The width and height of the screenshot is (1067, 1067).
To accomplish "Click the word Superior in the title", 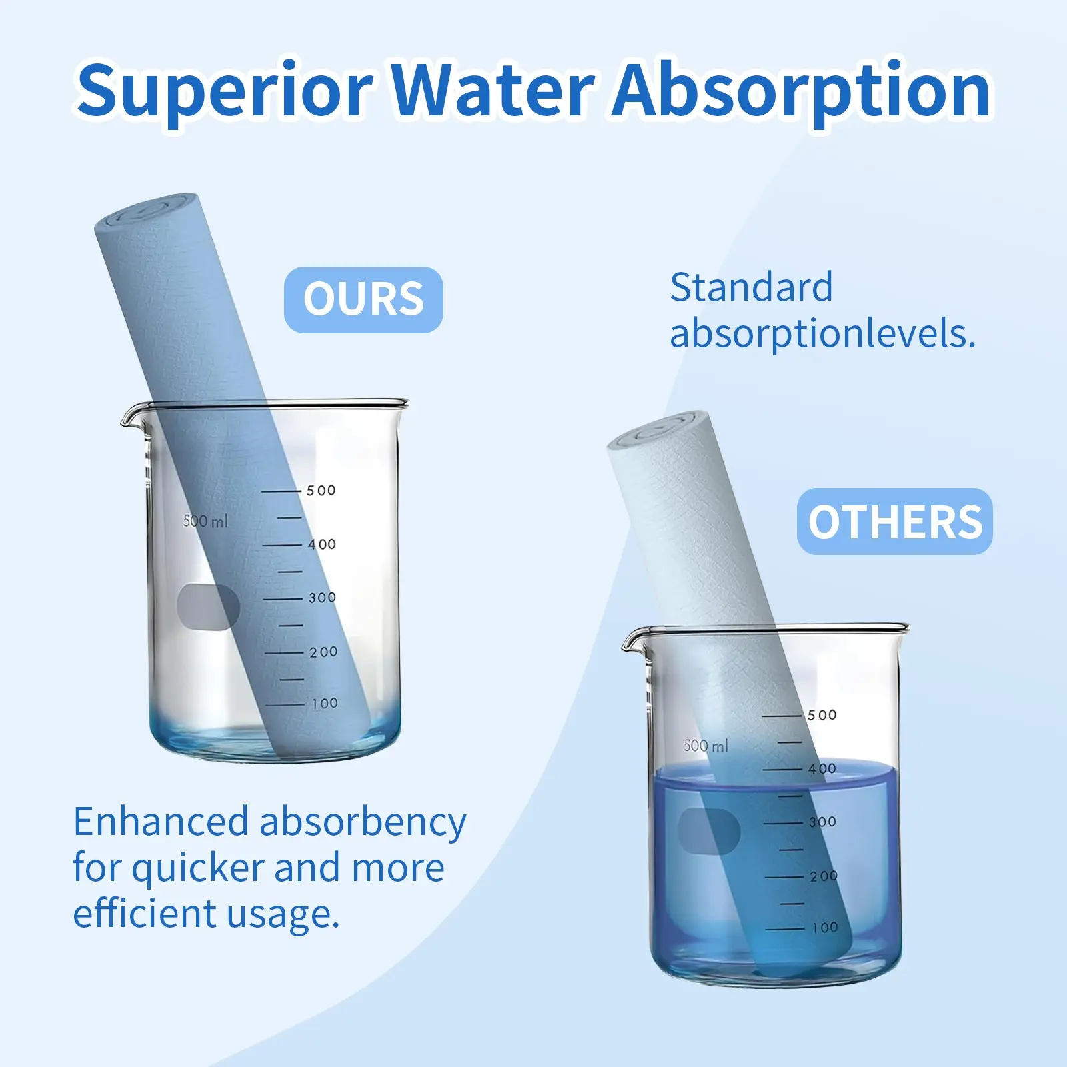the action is (x=225, y=91).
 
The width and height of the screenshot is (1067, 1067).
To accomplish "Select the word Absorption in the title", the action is (x=801, y=91).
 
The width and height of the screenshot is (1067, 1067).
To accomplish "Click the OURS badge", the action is (x=363, y=299).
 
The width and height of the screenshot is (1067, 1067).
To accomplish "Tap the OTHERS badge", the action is (x=895, y=521).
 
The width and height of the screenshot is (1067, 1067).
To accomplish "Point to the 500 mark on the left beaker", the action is (x=321, y=491).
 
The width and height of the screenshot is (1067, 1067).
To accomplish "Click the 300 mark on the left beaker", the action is (x=322, y=598).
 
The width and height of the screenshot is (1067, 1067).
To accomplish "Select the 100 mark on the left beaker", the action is (x=325, y=703).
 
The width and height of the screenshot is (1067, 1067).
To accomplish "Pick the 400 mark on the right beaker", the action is (x=822, y=768).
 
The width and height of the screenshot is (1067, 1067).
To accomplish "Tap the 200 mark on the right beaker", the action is (x=824, y=876).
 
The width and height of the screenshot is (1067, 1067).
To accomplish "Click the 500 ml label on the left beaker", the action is (x=205, y=521).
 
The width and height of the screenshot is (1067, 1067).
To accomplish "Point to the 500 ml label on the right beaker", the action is (x=706, y=746).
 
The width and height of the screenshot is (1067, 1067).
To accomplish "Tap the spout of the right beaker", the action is (x=630, y=642).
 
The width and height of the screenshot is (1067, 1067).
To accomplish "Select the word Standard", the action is (x=751, y=287).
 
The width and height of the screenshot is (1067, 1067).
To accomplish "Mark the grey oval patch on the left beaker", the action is (x=208, y=606).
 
